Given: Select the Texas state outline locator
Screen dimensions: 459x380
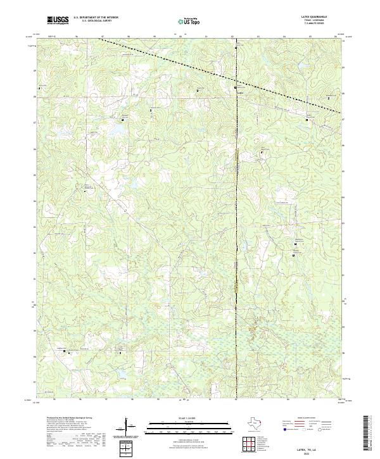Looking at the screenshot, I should pyautogui.click(x=259, y=424).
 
